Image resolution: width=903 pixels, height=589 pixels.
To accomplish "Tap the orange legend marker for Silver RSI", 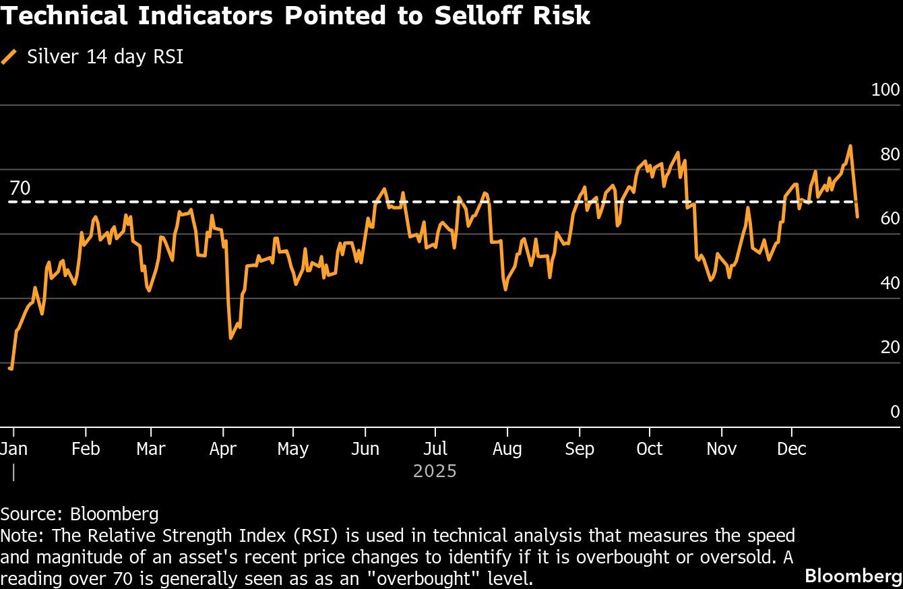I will click(x=9, y=57).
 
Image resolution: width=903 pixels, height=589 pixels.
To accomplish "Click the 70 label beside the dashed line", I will click(x=20, y=188).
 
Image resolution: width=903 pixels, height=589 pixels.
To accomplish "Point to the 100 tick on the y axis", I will click(x=885, y=90).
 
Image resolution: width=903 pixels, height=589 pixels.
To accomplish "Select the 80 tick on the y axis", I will click(x=890, y=154).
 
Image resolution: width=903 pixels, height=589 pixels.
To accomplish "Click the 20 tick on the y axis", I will click(x=890, y=347).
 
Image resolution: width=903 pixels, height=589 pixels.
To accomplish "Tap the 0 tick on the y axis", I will click(x=895, y=412).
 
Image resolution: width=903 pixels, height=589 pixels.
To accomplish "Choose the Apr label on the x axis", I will click(x=222, y=449).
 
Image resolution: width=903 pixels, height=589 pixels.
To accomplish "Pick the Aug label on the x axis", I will click(x=507, y=449).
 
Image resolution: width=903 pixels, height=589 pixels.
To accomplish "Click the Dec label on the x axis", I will click(x=791, y=449).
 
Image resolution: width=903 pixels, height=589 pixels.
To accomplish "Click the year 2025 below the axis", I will click(x=435, y=471).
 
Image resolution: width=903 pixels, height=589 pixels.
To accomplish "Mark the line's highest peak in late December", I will click(x=850, y=146).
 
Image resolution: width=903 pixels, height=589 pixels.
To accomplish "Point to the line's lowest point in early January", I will click(x=11, y=368).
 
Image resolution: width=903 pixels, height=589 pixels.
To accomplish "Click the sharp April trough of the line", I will click(x=230, y=338).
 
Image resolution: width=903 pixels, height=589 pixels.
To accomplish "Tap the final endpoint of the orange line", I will click(x=857, y=216).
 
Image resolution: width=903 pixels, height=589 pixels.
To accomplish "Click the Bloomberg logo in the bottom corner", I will click(x=852, y=576).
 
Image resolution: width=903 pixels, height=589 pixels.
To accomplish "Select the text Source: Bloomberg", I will click(x=80, y=514).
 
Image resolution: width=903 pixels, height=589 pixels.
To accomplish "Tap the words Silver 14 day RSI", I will click(x=105, y=57).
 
